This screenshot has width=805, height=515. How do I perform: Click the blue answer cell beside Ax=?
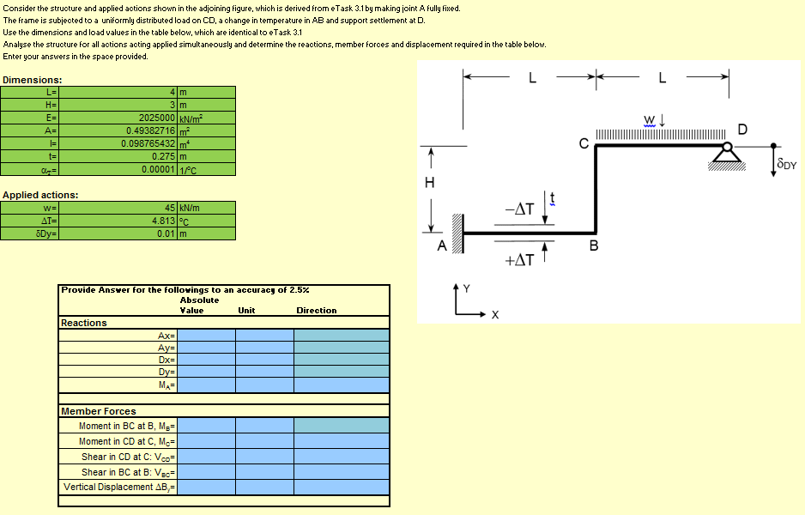(x=206, y=336)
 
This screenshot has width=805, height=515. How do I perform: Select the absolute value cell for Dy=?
(x=206, y=372)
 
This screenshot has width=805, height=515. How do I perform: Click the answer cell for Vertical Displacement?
(x=206, y=487)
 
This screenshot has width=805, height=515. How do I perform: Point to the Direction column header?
(x=316, y=311)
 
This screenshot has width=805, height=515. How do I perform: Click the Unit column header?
(x=246, y=311)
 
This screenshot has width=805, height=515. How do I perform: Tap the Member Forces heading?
(x=98, y=411)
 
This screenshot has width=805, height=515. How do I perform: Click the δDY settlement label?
(x=786, y=163)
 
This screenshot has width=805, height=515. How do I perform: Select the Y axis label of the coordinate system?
(x=466, y=288)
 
